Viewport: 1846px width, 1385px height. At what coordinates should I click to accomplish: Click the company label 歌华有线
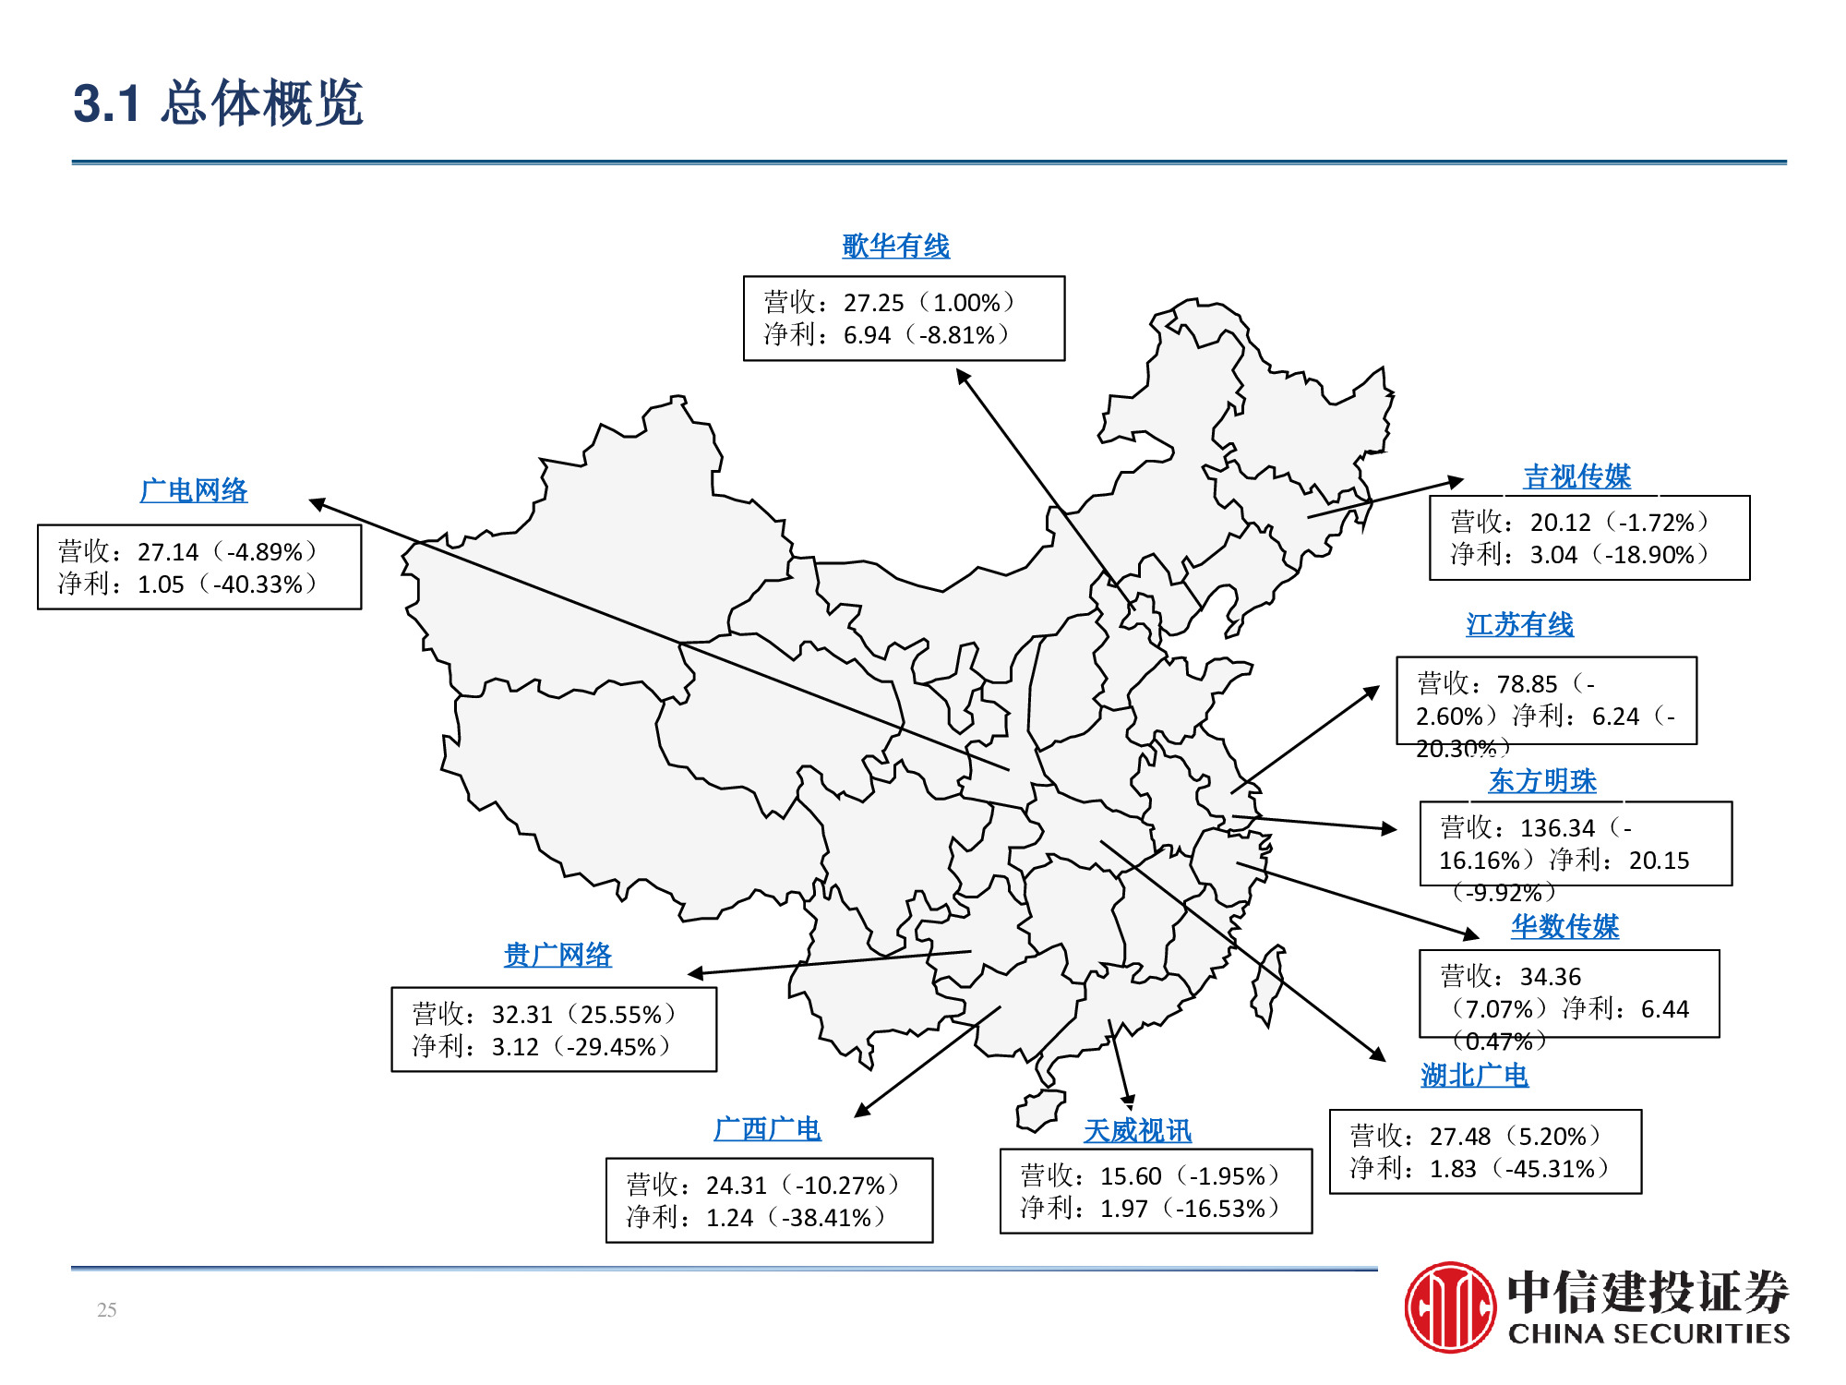895,247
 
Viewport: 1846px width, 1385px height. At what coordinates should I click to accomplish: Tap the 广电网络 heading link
194,490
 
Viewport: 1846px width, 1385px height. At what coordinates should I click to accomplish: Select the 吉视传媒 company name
1576,476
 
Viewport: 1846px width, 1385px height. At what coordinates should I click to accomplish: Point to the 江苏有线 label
1519,625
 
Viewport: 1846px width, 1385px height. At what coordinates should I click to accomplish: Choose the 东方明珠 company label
1542,781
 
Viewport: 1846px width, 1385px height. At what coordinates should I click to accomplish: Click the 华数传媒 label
1564,926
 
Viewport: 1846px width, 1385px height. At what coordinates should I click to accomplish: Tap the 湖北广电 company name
1474,1076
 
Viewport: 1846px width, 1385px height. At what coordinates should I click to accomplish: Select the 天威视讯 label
1137,1131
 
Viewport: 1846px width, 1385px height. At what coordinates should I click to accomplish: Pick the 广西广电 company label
767,1129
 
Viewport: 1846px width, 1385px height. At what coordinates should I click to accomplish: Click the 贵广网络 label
557,955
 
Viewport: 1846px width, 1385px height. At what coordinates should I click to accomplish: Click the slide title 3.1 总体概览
218,102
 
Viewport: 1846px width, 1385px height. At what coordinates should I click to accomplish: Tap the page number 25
107,1310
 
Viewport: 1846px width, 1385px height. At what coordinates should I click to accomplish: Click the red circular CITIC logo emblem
1450,1307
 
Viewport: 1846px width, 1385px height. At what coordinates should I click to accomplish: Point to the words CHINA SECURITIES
1648,1333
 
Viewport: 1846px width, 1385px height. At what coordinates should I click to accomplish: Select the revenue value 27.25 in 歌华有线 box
873,303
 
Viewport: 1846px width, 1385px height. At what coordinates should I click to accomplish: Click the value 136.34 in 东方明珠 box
1557,828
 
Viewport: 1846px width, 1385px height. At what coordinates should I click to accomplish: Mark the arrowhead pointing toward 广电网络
317,503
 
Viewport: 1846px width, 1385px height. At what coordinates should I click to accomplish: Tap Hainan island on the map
1040,1110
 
